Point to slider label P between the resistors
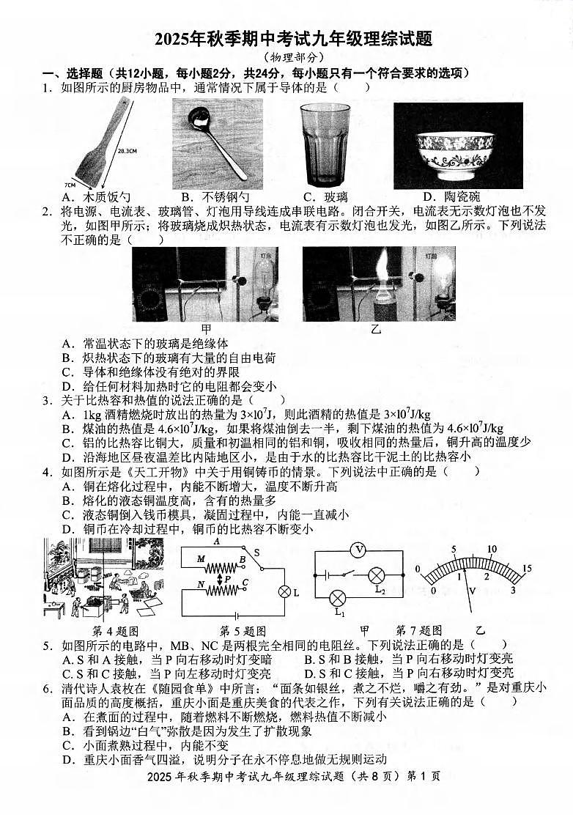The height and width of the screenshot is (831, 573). (227, 578)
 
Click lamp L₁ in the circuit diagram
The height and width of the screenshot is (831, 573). (338, 598)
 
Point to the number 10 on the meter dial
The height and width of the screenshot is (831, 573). (491, 549)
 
